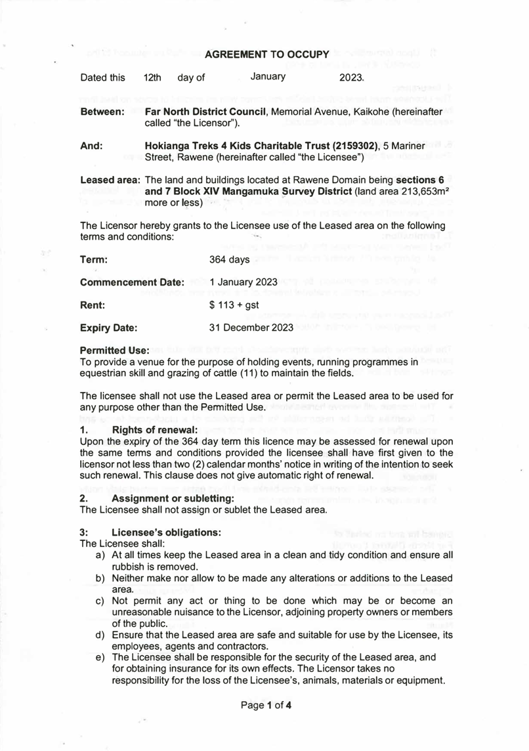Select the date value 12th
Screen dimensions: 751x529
pyautogui.click(x=152, y=77)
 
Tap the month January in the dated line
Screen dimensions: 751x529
pyautogui.click(x=268, y=77)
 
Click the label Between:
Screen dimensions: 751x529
pyautogui.click(x=102, y=112)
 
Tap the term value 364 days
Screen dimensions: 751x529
pyautogui.click(x=229, y=259)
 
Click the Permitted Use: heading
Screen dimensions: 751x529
pyautogui.click(x=114, y=350)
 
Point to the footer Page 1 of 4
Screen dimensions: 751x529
pyautogui.click(x=266, y=706)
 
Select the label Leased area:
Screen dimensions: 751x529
pyautogui.click(x=109, y=179)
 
